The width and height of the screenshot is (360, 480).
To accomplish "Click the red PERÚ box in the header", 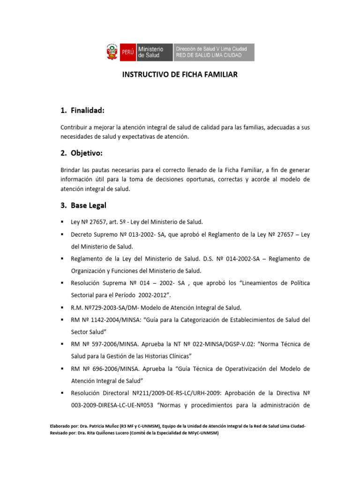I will pos(127,52).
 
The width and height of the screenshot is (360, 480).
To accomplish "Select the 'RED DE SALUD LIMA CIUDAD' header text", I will pos(209,55).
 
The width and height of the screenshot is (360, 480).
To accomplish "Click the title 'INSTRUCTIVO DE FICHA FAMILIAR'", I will pos(180,75).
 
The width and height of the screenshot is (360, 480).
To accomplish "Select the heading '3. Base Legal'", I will pos(83,205).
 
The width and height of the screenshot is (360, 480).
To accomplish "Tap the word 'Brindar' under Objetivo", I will pos(71,169).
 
